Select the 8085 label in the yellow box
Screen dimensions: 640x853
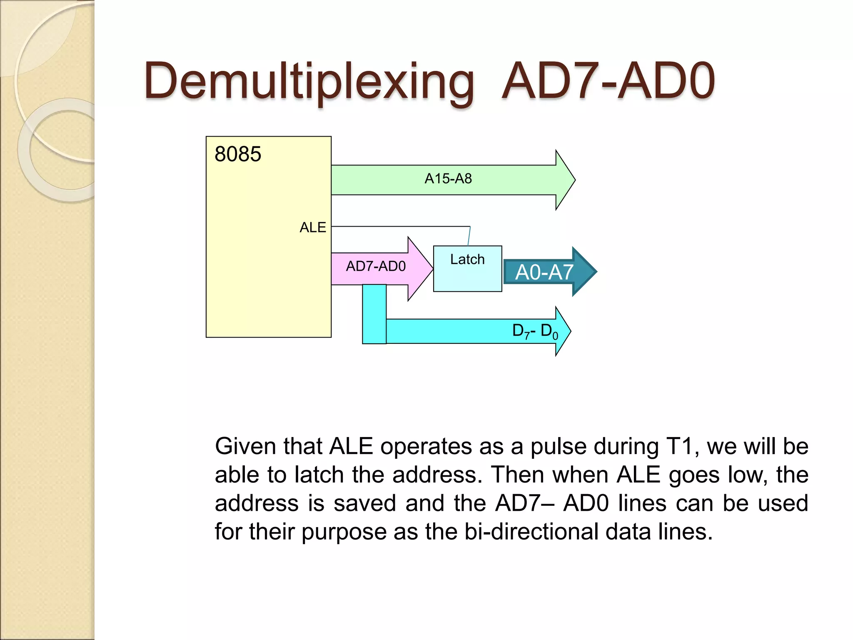tap(237, 154)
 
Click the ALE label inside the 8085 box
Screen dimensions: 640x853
tap(313, 227)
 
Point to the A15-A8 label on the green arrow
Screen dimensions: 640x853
tap(448, 179)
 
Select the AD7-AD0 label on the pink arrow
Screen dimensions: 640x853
tap(376, 266)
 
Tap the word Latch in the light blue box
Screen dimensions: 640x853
tap(467, 259)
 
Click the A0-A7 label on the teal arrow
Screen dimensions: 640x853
tap(544, 272)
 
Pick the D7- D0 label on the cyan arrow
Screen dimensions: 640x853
tap(535, 331)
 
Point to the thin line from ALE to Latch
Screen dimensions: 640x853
tap(400, 227)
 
